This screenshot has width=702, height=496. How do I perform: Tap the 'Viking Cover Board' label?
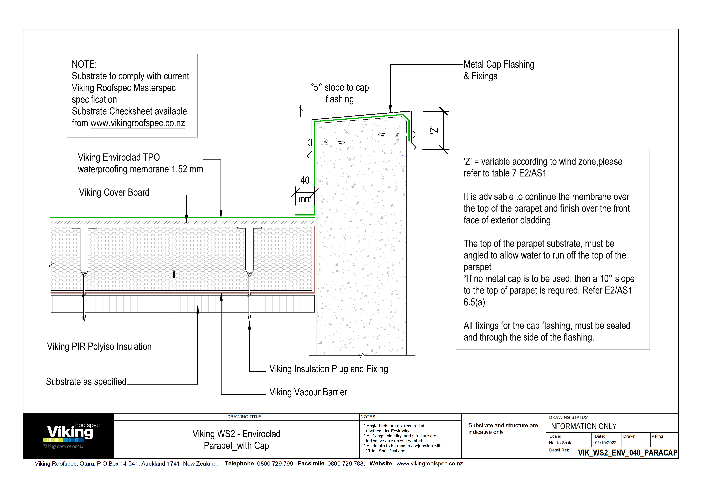(x=114, y=192)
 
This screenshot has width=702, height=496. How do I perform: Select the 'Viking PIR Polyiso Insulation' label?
(x=99, y=346)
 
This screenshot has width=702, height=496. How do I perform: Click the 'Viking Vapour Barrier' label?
(x=308, y=392)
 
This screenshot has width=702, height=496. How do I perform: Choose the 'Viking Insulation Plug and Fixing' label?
(x=328, y=369)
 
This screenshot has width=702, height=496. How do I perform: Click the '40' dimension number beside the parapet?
(x=305, y=180)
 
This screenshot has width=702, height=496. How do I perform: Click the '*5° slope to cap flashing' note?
(x=339, y=93)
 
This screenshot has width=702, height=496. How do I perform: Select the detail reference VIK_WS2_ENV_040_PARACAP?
(x=627, y=453)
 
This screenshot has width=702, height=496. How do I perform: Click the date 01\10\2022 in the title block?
(x=605, y=443)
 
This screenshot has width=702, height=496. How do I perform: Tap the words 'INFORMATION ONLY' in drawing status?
(x=583, y=426)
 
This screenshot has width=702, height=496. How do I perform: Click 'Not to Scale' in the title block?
(x=561, y=443)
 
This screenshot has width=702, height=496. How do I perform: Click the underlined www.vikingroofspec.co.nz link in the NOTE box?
(x=138, y=123)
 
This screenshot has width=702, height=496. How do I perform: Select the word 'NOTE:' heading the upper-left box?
(x=84, y=64)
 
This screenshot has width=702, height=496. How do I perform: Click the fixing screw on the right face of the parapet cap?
(x=396, y=134)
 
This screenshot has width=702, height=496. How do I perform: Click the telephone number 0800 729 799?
(x=275, y=463)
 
